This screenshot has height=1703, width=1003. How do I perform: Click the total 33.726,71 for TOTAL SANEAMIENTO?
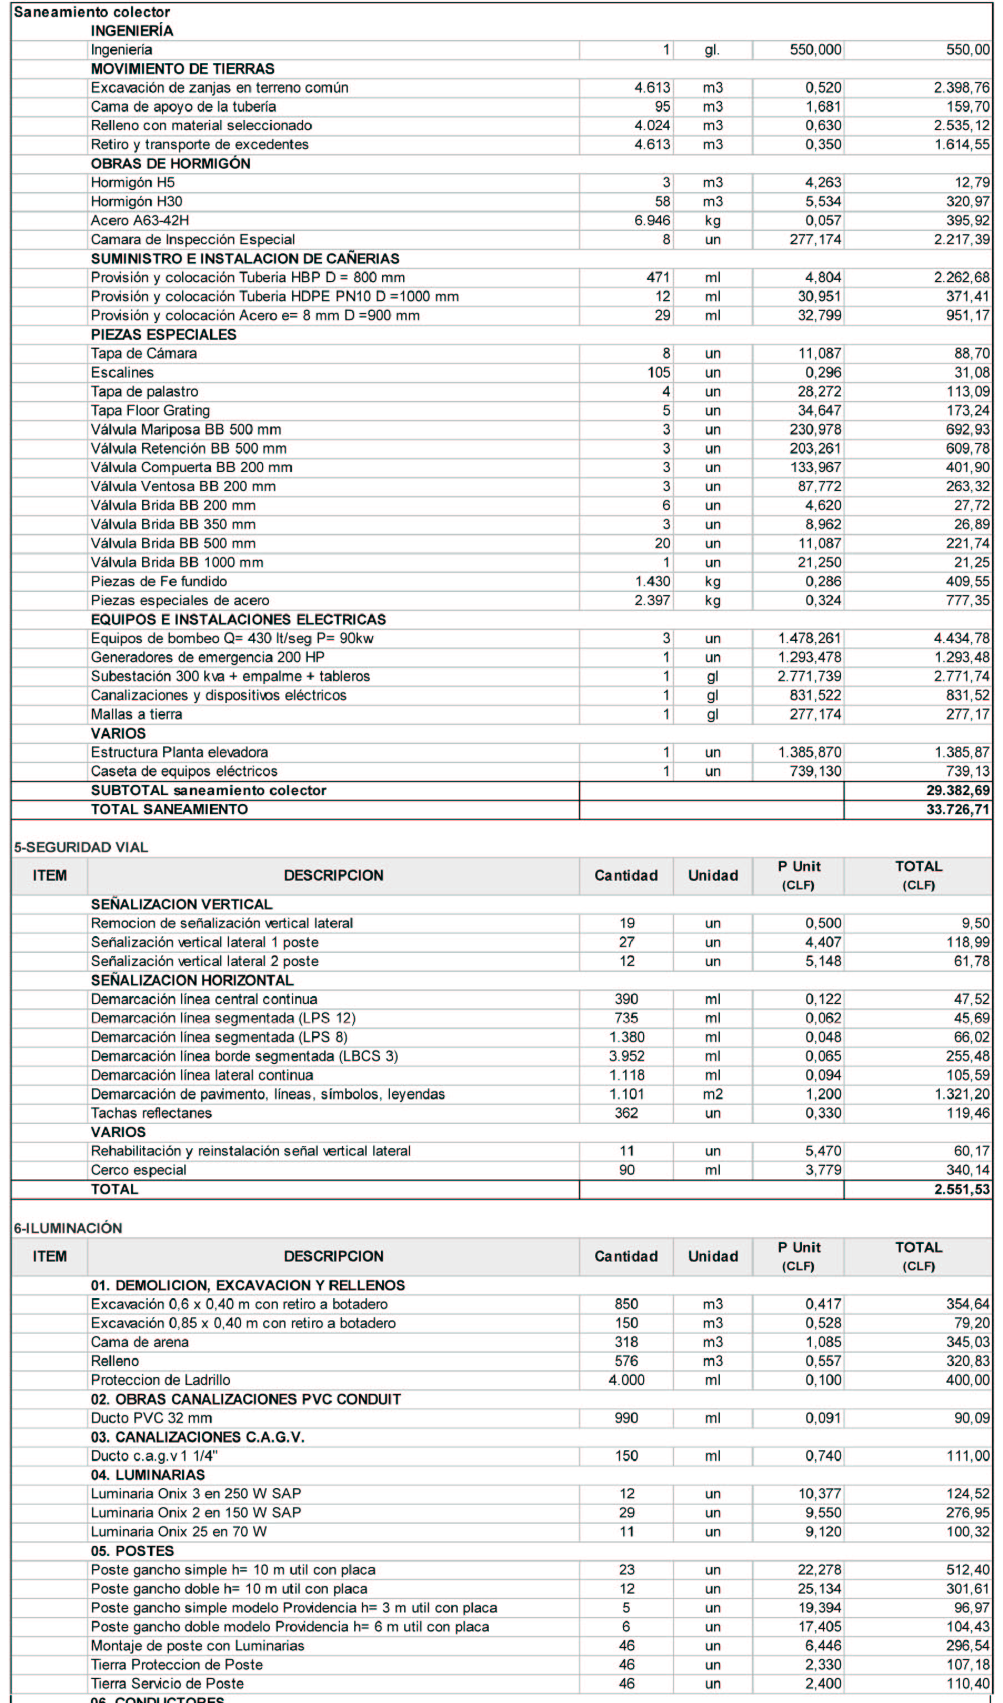[957, 810]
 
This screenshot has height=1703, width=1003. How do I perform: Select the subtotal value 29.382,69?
[957, 791]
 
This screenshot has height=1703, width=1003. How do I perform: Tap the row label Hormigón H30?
[137, 202]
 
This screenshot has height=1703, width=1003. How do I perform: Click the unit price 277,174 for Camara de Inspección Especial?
[815, 239]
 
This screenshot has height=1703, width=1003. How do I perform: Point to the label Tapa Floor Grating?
[150, 411]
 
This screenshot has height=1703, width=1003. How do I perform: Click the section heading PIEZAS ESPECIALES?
[164, 334]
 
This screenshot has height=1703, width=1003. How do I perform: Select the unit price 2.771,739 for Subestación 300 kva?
[809, 676]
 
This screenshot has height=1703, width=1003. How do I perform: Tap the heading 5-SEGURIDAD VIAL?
[81, 847]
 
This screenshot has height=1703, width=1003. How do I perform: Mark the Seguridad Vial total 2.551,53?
[962, 1189]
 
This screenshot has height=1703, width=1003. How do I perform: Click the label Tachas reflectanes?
[152, 1113]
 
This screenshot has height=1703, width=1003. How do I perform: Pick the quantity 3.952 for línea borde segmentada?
[626, 1056]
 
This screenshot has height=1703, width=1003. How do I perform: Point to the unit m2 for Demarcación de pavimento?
[713, 1094]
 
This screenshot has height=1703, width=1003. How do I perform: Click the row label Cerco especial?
[138, 1171]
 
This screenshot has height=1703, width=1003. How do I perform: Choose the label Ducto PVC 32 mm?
[152, 1418]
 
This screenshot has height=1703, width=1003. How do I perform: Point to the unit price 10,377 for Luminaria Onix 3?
[819, 1494]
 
